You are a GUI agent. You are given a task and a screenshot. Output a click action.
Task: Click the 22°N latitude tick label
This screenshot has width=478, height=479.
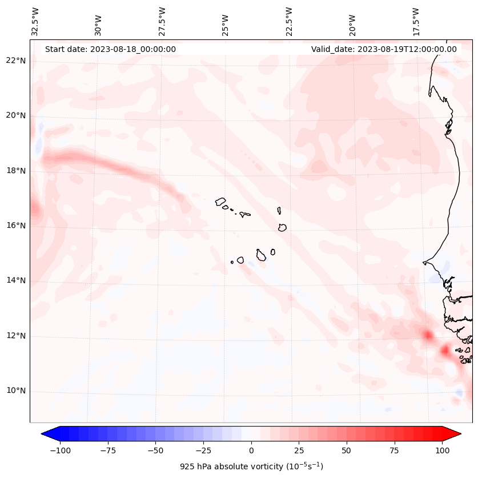point(16,61)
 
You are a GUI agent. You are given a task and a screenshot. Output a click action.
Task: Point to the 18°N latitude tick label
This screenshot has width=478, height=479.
point(16,171)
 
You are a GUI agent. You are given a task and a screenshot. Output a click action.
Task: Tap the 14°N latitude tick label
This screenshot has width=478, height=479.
point(16,280)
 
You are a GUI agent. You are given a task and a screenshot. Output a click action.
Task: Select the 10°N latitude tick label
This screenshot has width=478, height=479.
point(16,391)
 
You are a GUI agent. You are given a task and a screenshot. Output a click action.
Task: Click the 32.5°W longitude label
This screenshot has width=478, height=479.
point(35,22)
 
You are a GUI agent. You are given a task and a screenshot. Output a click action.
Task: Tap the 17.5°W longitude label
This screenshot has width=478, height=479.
point(416,22)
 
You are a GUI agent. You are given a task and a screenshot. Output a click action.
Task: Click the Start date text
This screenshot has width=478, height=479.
point(110,49)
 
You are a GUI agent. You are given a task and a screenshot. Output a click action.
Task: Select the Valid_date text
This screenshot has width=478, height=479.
point(384,49)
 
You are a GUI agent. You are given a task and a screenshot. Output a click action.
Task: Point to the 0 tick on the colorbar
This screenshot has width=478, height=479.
point(251,450)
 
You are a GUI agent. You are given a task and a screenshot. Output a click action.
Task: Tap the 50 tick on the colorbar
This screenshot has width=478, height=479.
point(347,450)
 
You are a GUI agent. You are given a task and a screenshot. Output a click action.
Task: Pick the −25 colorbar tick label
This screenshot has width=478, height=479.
point(203,450)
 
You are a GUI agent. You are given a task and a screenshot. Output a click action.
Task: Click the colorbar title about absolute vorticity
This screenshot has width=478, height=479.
point(251,466)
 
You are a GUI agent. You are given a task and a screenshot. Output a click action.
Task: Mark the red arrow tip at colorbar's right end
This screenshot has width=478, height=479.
point(460,434)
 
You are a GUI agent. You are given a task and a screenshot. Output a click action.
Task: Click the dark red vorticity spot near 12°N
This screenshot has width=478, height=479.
point(427,335)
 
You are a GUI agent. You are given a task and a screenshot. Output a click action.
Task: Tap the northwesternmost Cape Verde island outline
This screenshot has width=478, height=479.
point(221,202)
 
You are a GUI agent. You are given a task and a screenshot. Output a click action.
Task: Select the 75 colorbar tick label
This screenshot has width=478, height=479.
point(395,450)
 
